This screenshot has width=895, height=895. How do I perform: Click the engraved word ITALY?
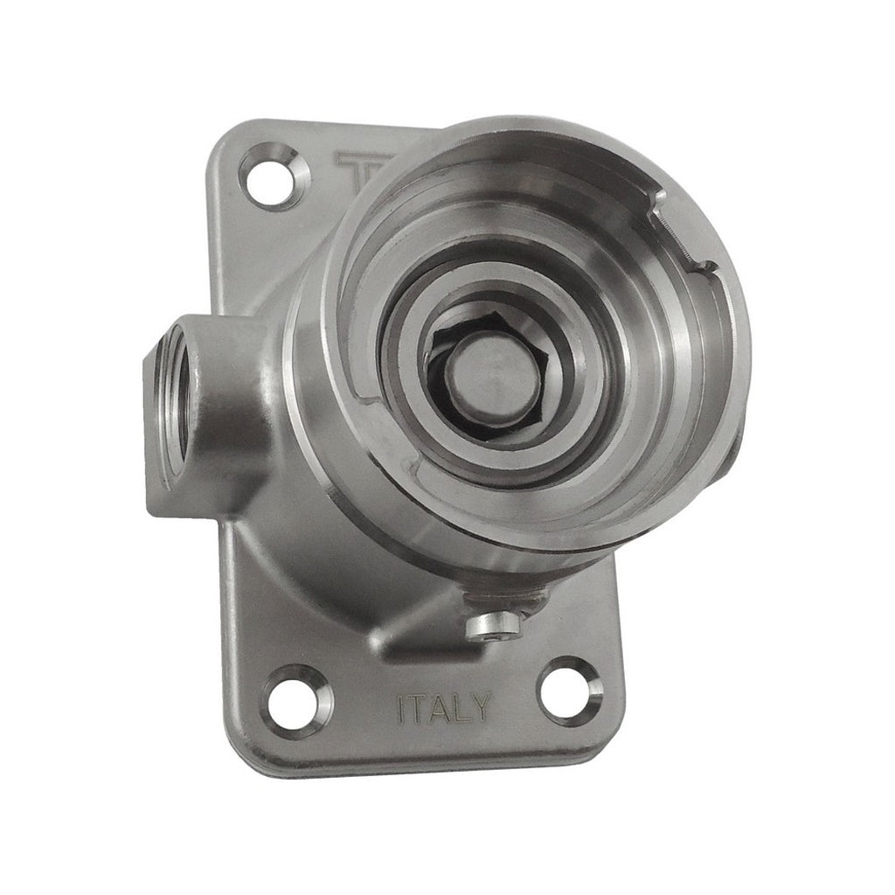pyautogui.click(x=443, y=708)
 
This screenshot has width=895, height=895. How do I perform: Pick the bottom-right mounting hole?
pyautogui.click(x=569, y=692)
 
